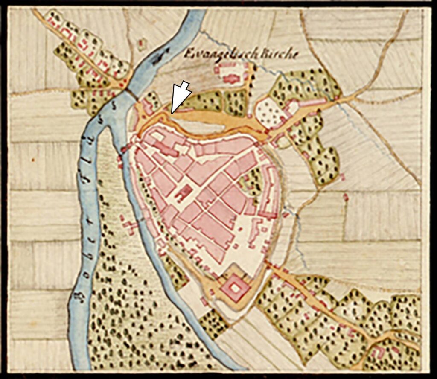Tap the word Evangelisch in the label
[x=211, y=55]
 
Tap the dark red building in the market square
[x=183, y=193]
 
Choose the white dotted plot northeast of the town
[x=270, y=112]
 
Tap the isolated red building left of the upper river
[x=142, y=44]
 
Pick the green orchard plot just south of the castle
[x=213, y=321]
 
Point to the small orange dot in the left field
[x=33, y=160]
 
